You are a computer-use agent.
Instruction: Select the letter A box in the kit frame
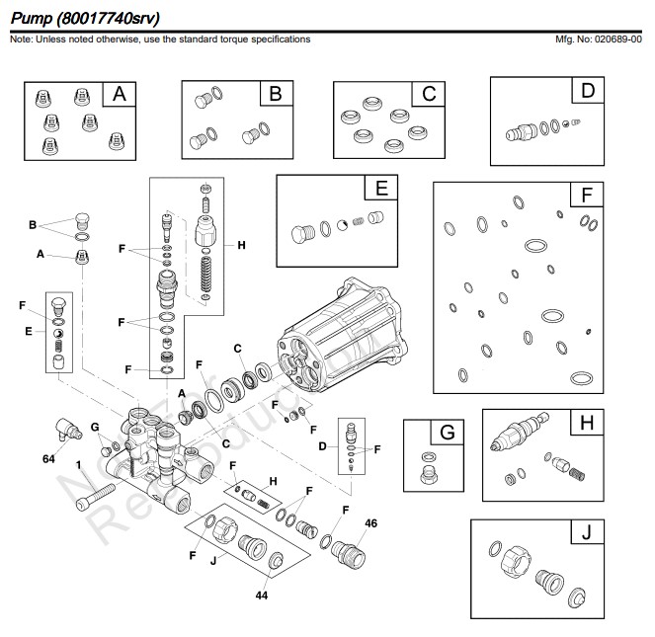coord(119,94)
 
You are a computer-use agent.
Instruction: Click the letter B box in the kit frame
coord(276,94)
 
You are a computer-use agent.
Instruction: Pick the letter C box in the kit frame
coord(428,94)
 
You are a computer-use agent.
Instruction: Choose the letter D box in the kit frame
coord(589,91)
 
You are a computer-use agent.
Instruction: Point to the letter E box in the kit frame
coord(381,188)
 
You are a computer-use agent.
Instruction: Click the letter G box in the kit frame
coord(447,433)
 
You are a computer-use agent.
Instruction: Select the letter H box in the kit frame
coord(587,422)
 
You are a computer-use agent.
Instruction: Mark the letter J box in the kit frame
coord(587,533)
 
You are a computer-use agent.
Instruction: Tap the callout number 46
coord(371,522)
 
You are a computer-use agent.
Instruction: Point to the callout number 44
coord(262,596)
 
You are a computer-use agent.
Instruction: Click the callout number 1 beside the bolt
coord(78,464)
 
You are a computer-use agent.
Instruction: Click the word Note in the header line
coord(19,40)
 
